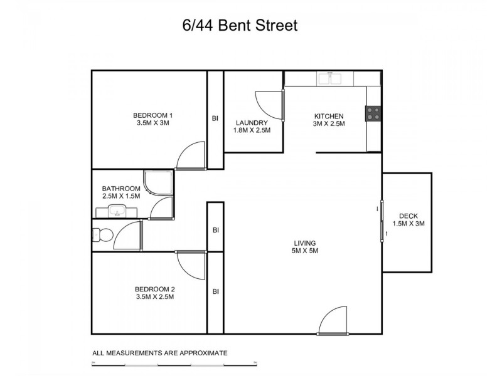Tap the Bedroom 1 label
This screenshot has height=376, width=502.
[x=152, y=119]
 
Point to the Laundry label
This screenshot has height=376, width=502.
[x=252, y=127]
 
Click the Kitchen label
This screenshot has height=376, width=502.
[x=329, y=120]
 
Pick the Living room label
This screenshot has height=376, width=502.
[x=304, y=247]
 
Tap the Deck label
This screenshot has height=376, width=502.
[x=409, y=220]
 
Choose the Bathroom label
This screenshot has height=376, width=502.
[x=121, y=192]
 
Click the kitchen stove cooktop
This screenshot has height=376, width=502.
[x=373, y=113]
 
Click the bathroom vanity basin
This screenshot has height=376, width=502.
[x=117, y=211]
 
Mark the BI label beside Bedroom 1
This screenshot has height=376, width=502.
[x=215, y=118]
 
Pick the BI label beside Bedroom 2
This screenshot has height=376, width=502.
[x=215, y=291]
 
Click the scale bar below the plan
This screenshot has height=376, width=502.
[x=174, y=363]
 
